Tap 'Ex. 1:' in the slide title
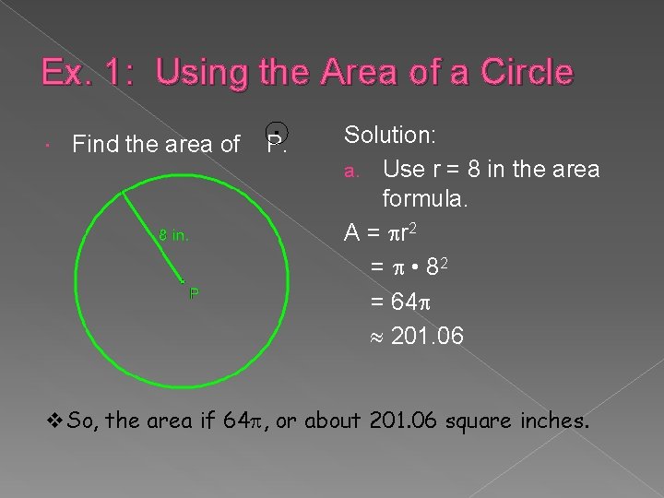click(82, 72)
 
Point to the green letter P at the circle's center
click(193, 294)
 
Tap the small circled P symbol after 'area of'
click(274, 140)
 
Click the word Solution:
click(390, 136)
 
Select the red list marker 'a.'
click(350, 172)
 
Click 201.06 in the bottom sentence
click(403, 421)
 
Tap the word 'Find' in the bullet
click(94, 144)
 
